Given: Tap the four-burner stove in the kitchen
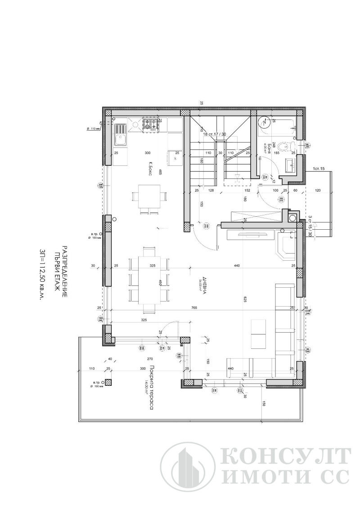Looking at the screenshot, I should point(151,125).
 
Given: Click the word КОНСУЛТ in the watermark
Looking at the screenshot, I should point(286,457).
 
